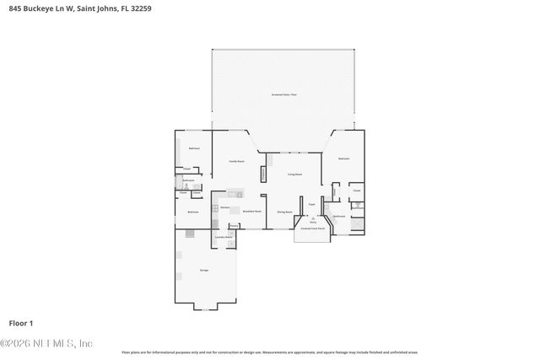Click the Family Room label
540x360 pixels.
[x=236, y=160]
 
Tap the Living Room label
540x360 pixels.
[x=294, y=174]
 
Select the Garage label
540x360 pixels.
[x=204, y=270]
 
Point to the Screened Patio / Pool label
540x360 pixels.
[x=283, y=94]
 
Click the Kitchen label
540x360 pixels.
[x=224, y=207]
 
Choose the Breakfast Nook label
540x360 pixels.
[x=251, y=212]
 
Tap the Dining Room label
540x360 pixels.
[x=284, y=212]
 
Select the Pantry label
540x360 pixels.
[x=234, y=225]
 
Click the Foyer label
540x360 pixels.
[x=311, y=204]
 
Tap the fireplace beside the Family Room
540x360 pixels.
[x=263, y=174]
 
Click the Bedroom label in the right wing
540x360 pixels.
[x=343, y=159]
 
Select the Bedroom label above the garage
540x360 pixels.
[x=192, y=212]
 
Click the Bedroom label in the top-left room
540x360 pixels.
[x=193, y=148]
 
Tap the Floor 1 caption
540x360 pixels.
[x=20, y=323]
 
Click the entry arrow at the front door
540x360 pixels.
[x=313, y=218]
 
